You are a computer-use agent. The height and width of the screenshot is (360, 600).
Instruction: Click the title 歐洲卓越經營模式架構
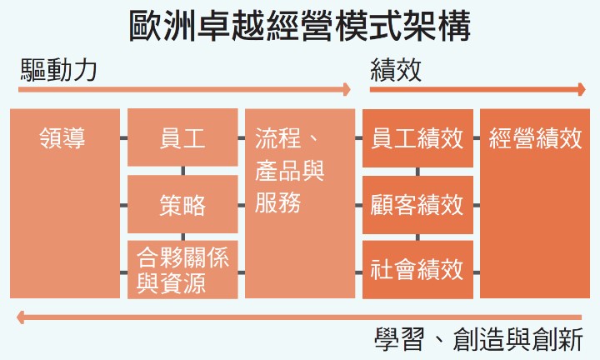point(300,27)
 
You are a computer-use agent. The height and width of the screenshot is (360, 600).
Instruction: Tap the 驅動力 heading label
point(58,70)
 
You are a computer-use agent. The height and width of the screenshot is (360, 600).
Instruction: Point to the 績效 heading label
point(396,70)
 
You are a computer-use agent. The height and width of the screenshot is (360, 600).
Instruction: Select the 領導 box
point(65,203)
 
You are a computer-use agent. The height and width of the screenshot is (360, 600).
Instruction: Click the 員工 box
point(182,137)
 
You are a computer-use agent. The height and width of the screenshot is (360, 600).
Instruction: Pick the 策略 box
point(182,204)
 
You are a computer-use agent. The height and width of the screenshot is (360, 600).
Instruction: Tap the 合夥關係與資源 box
point(182,269)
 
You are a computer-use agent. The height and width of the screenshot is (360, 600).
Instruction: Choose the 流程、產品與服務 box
point(300,203)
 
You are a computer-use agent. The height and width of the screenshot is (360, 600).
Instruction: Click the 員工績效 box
point(417,137)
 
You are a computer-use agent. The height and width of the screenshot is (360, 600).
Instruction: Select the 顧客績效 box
point(417,204)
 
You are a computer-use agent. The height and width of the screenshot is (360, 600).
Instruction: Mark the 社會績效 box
point(417,269)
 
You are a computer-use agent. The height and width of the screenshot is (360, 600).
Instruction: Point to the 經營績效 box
point(535,203)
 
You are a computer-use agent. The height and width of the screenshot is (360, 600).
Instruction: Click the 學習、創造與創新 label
point(483,341)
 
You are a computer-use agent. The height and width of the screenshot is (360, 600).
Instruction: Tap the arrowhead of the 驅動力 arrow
point(347,89)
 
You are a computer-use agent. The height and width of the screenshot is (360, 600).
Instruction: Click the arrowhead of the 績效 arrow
point(582,89)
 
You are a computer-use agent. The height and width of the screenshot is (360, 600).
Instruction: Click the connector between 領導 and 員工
point(123,138)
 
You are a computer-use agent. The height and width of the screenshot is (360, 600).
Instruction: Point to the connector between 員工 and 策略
point(182,171)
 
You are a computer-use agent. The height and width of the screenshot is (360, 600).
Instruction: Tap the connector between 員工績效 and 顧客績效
point(417,171)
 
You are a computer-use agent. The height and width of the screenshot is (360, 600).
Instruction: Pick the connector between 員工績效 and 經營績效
point(477,138)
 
